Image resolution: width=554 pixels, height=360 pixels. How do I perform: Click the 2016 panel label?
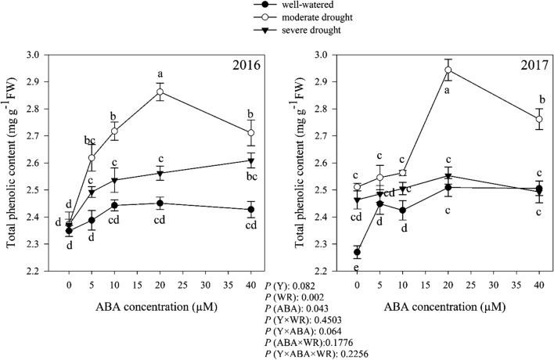click(251, 67)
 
